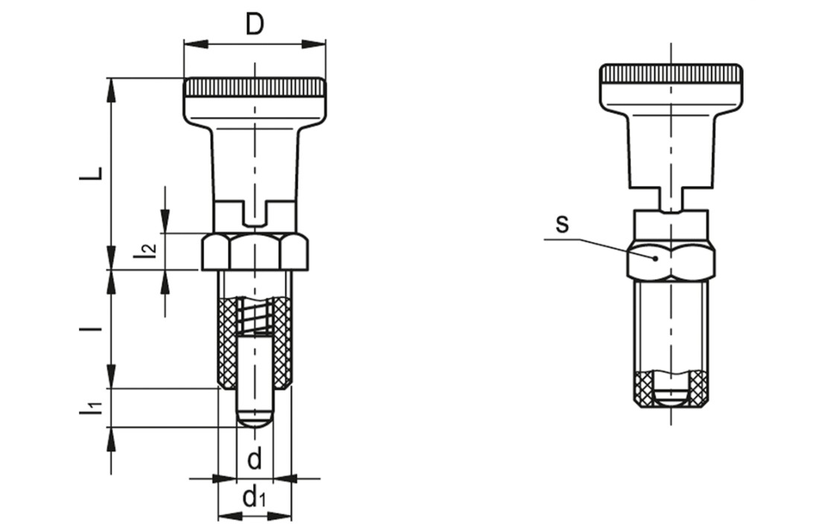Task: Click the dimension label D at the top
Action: pos(255,25)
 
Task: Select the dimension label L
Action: pos(90,175)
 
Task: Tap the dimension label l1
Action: pos(90,408)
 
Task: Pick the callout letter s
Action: pos(562,225)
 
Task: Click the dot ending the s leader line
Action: pos(655,258)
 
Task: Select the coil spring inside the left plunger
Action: pos(255,315)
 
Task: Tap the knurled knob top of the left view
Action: pos(255,87)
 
